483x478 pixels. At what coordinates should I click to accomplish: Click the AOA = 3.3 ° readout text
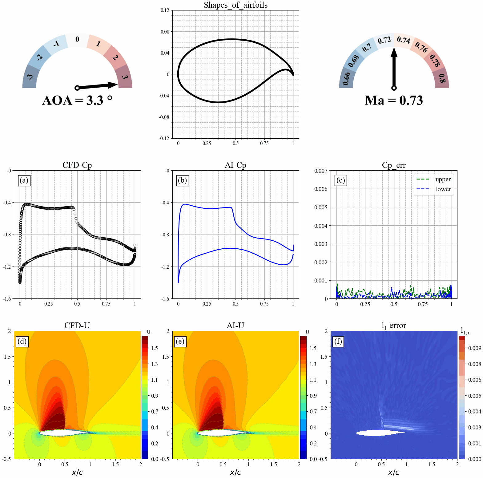[77, 101]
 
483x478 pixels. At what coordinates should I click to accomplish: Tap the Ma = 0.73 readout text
[394, 101]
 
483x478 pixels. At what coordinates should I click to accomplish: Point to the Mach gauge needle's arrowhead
[394, 53]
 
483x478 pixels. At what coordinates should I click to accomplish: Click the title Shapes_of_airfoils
[235, 5]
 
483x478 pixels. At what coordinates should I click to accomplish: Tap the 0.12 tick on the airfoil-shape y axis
[165, 10]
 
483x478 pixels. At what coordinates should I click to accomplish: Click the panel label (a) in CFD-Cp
[24, 180]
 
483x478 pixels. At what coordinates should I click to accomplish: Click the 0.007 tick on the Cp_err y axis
[321, 171]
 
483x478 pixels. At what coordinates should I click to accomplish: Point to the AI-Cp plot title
[235, 165]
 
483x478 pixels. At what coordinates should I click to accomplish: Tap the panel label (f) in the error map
[338, 341]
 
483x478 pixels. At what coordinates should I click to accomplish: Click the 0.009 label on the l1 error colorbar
[474, 348]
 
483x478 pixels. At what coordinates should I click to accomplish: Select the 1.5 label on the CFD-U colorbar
[154, 348]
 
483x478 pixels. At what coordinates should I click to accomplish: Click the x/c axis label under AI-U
[235, 472]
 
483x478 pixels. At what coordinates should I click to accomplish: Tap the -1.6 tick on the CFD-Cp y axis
[7, 299]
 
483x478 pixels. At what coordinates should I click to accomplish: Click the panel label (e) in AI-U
[180, 341]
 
